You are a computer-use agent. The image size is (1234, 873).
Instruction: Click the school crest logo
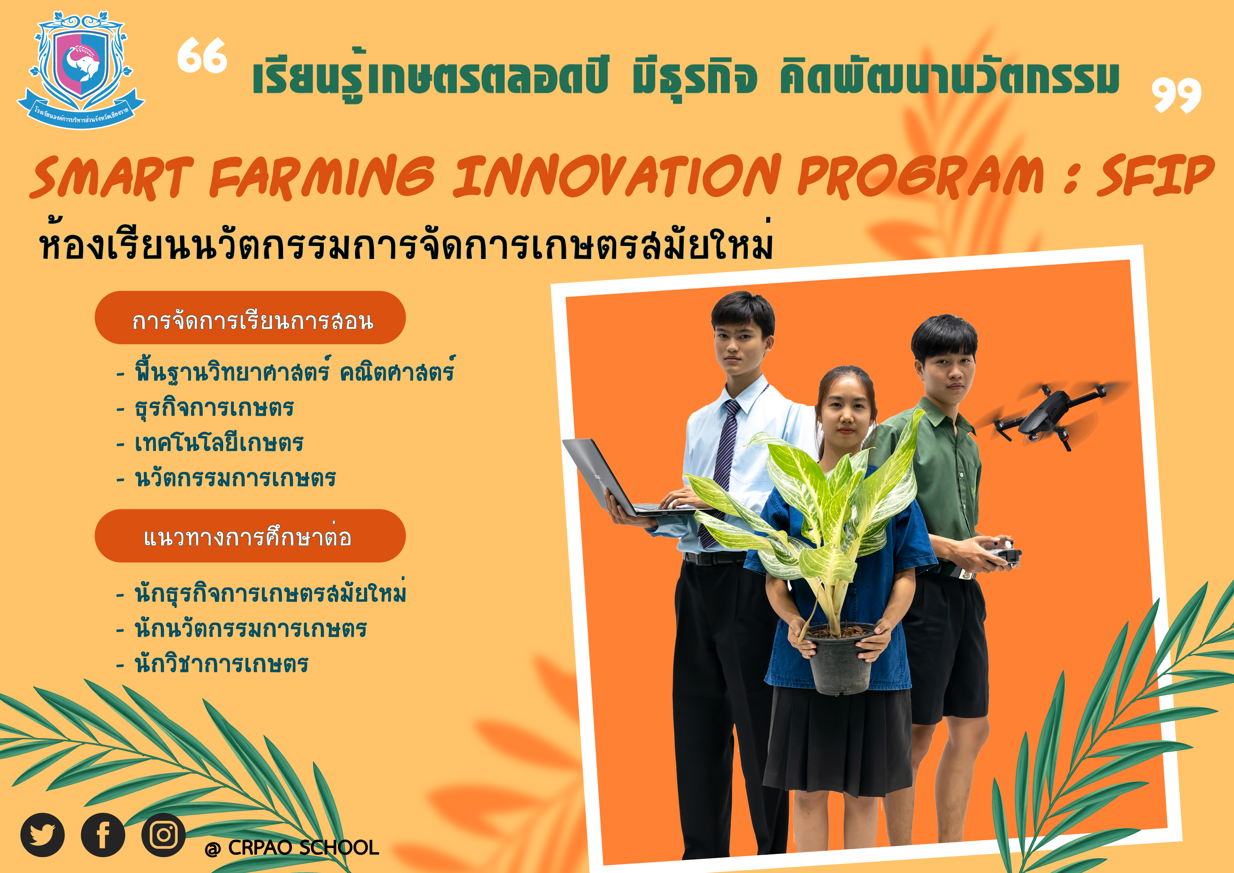(81, 70)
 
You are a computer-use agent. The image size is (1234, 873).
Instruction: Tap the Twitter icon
(43, 835)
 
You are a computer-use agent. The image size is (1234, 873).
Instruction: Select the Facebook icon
(103, 835)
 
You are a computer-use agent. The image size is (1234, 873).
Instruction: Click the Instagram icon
(163, 835)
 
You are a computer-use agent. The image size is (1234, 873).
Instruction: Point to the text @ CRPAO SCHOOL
(292, 848)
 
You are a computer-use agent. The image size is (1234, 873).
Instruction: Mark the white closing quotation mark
(1177, 95)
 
